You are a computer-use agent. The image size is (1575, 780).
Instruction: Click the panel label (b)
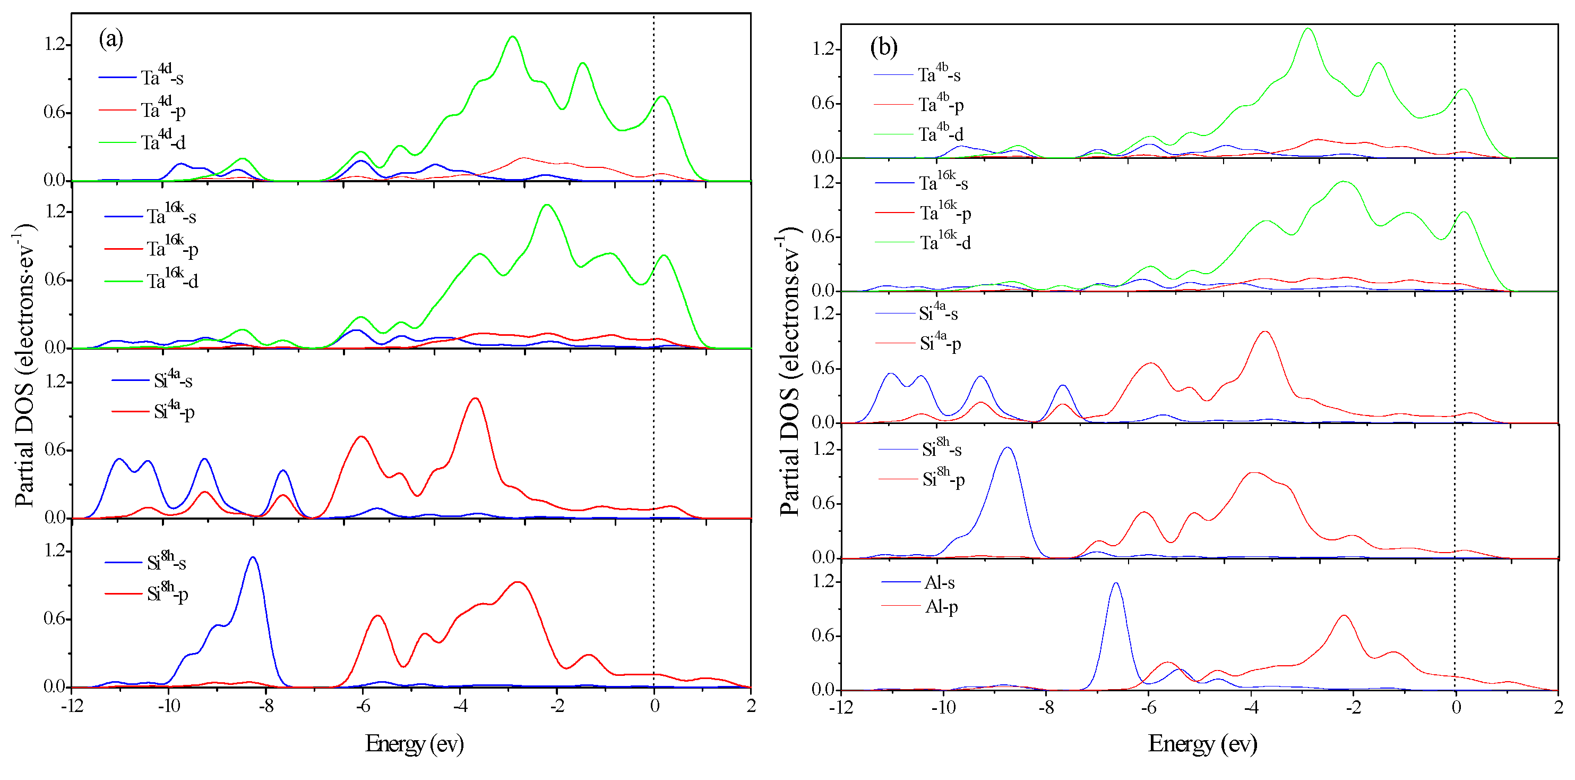(x=883, y=47)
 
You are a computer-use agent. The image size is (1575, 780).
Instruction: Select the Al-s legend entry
(x=939, y=582)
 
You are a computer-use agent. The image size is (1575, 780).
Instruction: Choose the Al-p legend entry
(x=941, y=607)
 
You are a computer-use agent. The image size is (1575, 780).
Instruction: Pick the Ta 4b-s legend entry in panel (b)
(x=939, y=74)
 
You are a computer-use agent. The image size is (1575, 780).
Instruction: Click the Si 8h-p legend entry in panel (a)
(x=167, y=593)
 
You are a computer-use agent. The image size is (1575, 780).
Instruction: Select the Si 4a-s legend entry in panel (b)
(x=938, y=313)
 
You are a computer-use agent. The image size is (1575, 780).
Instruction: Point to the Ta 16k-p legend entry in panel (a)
(x=172, y=248)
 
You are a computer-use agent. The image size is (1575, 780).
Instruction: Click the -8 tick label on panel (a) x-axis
(x=265, y=707)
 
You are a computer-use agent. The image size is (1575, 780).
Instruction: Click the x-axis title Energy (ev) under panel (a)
(x=414, y=744)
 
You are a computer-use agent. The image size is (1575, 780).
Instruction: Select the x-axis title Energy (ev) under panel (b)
(x=1202, y=744)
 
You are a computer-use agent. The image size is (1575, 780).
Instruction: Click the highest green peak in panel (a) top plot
(x=512, y=37)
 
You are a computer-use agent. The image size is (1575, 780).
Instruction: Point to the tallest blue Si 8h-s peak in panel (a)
(x=253, y=558)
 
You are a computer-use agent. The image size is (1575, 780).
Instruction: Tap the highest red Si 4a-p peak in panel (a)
(x=475, y=400)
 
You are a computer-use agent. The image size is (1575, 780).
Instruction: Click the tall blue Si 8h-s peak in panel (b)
(x=1007, y=448)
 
